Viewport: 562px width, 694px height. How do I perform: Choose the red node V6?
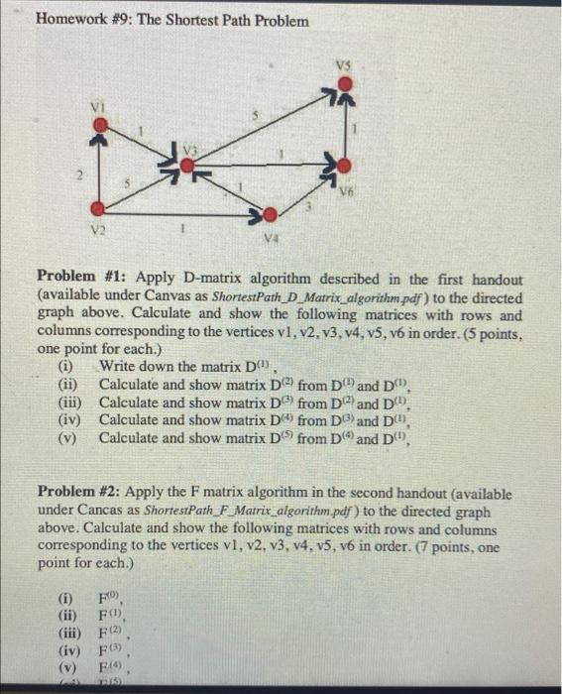pyautogui.click(x=343, y=165)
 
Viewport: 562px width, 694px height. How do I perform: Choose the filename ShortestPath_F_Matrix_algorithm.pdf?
pyautogui.click(x=258, y=510)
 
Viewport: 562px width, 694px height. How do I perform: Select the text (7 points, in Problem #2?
pyautogui.click(x=417, y=546)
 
